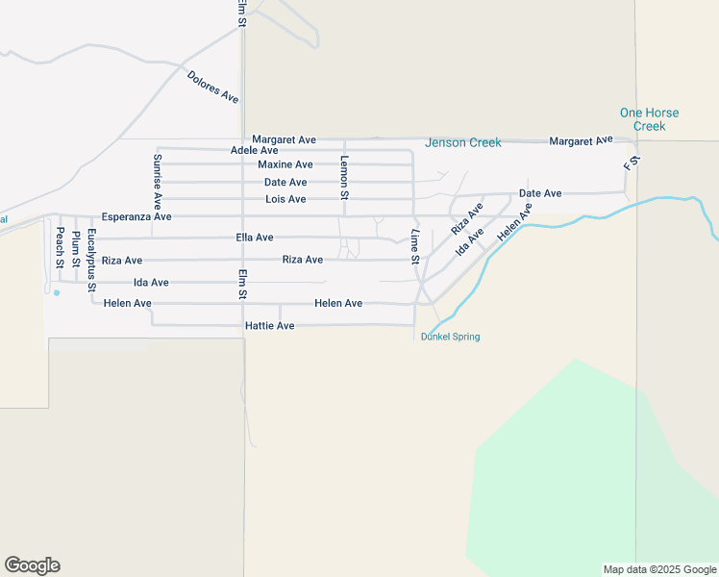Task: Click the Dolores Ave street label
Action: [x=212, y=87]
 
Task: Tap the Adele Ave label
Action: [x=255, y=151]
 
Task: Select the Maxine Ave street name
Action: [x=285, y=165]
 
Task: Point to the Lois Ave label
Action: [x=285, y=200]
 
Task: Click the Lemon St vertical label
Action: [x=344, y=177]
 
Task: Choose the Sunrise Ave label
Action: [x=158, y=182]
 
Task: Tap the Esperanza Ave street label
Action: [x=136, y=217]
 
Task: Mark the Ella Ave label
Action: [x=254, y=238]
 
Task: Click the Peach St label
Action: [x=59, y=247]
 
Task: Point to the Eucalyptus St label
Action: [x=91, y=260]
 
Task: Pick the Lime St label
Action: [x=415, y=247]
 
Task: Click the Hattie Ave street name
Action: [x=269, y=327]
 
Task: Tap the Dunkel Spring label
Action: [x=451, y=337]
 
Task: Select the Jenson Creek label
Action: [x=463, y=143]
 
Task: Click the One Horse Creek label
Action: [x=649, y=119]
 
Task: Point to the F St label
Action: [x=631, y=163]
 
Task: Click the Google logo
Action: [x=32, y=565]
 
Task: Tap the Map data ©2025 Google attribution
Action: [x=658, y=569]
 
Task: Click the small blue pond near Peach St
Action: [x=57, y=292]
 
